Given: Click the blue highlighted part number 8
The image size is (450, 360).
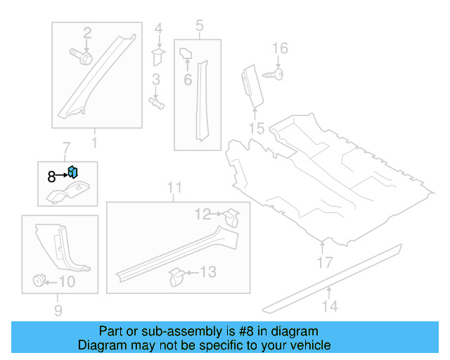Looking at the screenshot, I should click(x=72, y=172).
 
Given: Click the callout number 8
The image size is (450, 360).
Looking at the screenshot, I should click(x=51, y=177).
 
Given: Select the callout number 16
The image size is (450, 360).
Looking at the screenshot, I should click(x=280, y=48).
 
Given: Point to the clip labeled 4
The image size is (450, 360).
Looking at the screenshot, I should click(x=158, y=55).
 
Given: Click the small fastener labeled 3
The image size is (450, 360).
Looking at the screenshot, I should click(x=157, y=103).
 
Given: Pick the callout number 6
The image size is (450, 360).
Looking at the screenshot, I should click(x=188, y=80).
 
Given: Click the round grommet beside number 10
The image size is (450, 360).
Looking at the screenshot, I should click(x=37, y=281).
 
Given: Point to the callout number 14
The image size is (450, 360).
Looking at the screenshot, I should click(x=330, y=306).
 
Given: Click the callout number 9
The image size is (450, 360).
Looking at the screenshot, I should click(x=58, y=310).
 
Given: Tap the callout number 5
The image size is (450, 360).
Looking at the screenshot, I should click(x=199, y=27).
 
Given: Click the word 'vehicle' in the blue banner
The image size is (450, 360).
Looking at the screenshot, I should click(x=307, y=345).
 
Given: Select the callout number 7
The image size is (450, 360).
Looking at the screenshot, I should click(x=67, y=148).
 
